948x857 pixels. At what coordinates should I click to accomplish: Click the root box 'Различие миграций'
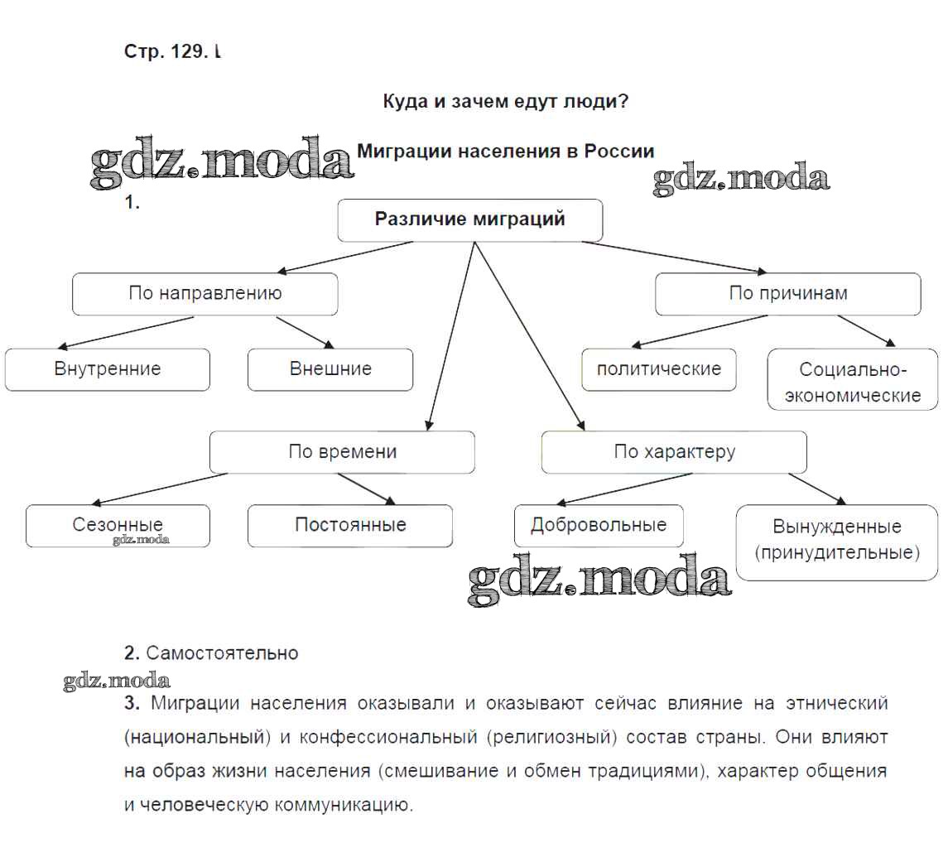click(x=469, y=220)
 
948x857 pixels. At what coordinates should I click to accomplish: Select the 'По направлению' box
click(x=205, y=294)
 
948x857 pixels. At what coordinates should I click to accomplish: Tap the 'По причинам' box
click(x=787, y=294)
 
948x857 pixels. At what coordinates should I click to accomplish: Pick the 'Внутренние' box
click(x=107, y=369)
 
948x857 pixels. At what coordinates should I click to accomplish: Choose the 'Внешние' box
click(x=330, y=369)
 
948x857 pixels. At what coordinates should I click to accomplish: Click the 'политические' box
click(x=658, y=369)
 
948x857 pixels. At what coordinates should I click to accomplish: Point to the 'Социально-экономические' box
click(x=852, y=381)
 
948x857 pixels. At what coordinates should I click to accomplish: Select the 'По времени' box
click(x=342, y=452)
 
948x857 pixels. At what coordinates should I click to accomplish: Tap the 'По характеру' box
click(x=674, y=452)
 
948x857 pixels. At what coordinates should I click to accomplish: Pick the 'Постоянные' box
click(x=349, y=526)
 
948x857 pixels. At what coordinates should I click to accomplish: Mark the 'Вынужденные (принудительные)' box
click(x=836, y=540)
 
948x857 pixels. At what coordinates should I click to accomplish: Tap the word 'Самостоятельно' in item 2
click(x=222, y=653)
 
